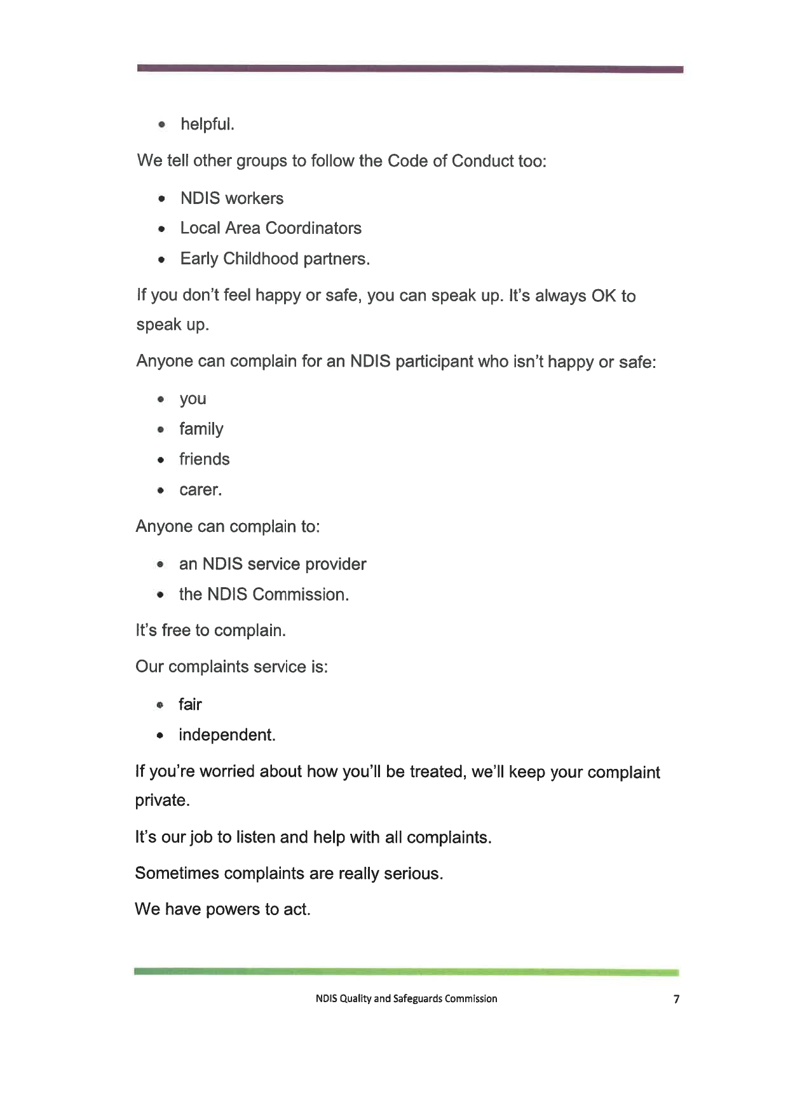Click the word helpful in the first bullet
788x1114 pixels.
(207, 124)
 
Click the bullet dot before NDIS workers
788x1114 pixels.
(163, 199)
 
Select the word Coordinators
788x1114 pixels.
(313, 228)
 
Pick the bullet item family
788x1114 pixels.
(201, 430)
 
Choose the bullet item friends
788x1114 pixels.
(204, 459)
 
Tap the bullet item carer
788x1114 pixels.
(200, 490)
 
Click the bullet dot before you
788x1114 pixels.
(162, 400)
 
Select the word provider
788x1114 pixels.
(336, 564)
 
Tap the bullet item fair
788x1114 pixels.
(190, 705)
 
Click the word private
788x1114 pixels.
(162, 801)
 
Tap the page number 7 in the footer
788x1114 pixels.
(676, 999)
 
